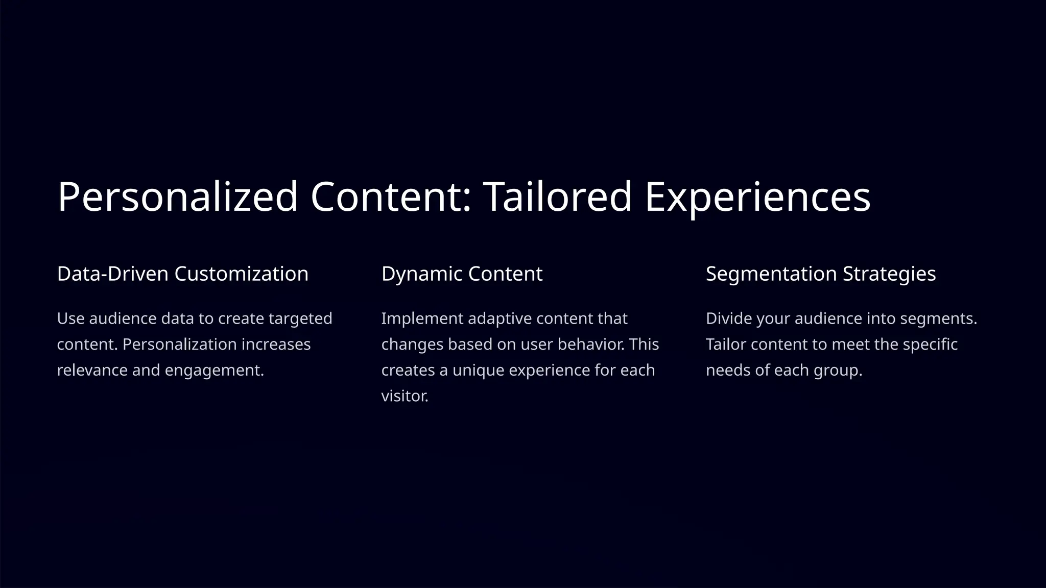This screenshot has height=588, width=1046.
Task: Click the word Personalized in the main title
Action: [177, 197]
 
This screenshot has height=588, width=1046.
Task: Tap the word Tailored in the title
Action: [558, 197]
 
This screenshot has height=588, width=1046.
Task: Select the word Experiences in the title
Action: [757, 197]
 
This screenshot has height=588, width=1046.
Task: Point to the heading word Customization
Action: [241, 274]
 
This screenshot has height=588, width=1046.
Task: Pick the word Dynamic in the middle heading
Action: [421, 274]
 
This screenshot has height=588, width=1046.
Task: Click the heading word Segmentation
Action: [771, 274]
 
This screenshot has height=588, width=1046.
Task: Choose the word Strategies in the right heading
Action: [889, 274]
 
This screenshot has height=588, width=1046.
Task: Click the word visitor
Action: [405, 396]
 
